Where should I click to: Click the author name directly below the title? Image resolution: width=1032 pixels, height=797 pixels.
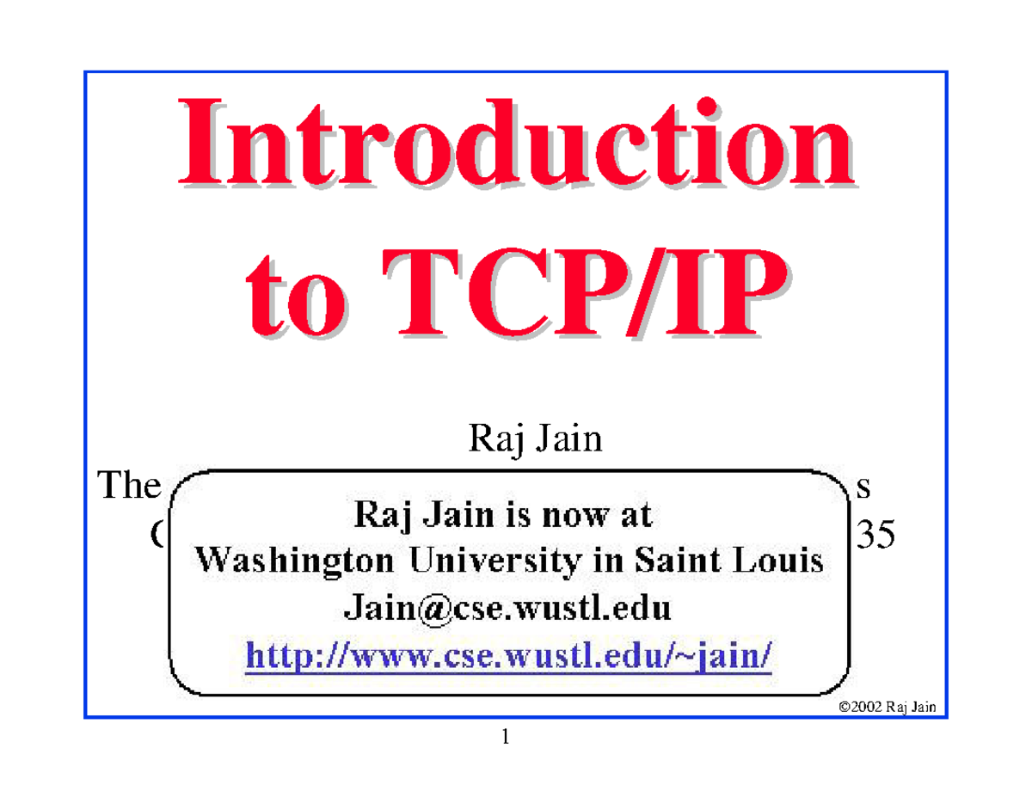(533, 444)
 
